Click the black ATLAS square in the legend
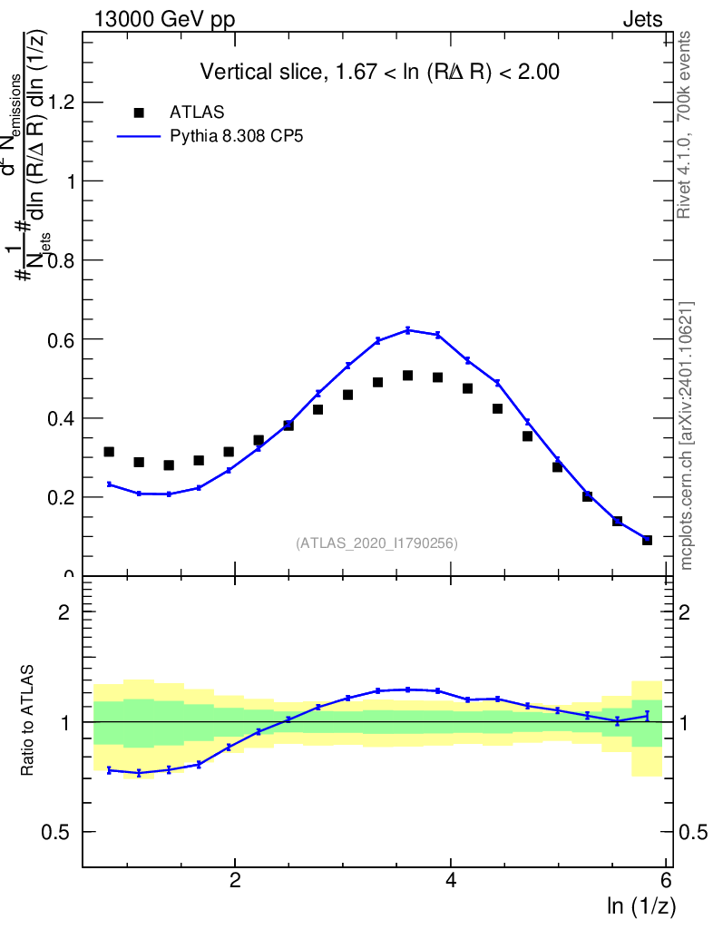click(x=139, y=112)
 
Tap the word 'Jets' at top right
click(x=642, y=20)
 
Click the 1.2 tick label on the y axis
click(x=59, y=103)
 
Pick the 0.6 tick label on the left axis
click(x=59, y=339)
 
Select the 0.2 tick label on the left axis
click(x=59, y=497)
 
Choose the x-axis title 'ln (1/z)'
click(x=641, y=905)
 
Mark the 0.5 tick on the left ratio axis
click(x=59, y=833)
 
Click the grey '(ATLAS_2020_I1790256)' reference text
click(x=376, y=543)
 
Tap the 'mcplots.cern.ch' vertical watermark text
click(x=687, y=435)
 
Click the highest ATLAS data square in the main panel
click(x=408, y=376)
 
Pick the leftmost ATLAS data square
click(x=109, y=452)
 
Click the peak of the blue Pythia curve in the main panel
click(x=408, y=329)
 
